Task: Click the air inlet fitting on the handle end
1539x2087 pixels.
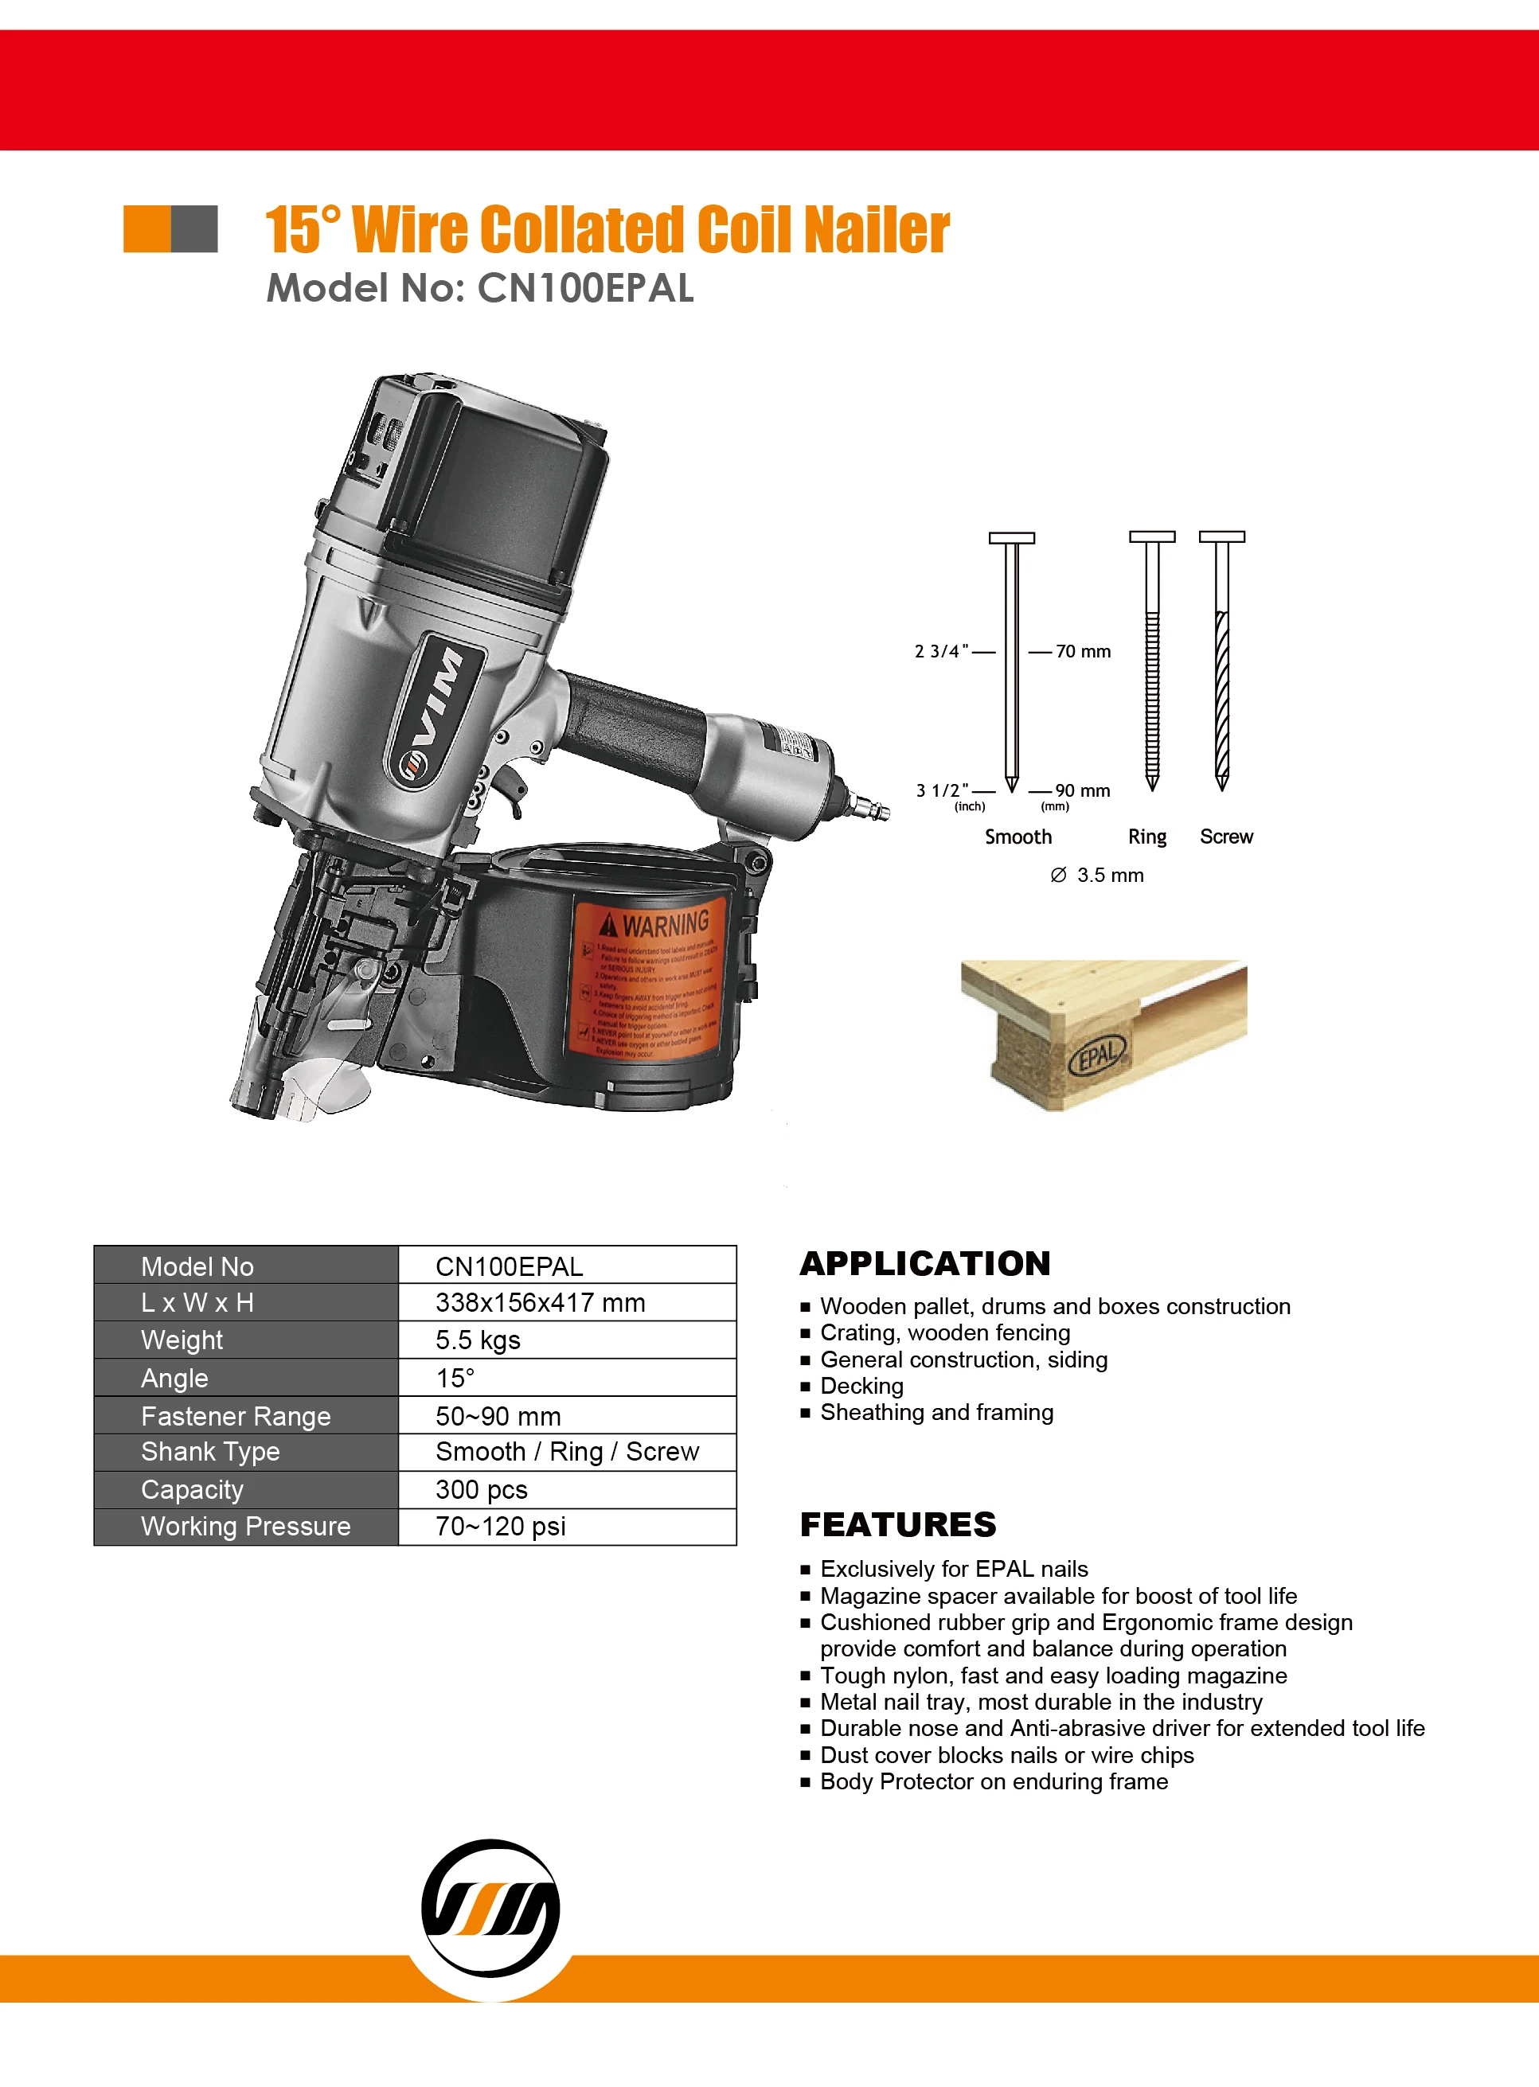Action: click(866, 805)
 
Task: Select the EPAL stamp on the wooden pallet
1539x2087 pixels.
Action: click(1100, 1054)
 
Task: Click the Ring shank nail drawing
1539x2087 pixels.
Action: click(1151, 661)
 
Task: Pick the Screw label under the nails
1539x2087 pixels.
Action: click(1226, 837)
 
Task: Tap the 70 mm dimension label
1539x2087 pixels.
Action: click(1083, 652)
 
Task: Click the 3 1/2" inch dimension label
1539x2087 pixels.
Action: click(942, 790)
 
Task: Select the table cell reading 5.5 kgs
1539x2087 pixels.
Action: click(478, 1340)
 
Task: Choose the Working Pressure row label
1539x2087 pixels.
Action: click(246, 1527)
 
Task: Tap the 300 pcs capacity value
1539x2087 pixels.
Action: click(482, 1490)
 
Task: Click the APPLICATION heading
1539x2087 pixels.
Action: click(924, 1264)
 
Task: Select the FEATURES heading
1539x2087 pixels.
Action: click(898, 1524)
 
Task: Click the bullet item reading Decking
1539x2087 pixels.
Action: click(861, 1386)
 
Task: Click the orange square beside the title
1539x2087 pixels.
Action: click(147, 229)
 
